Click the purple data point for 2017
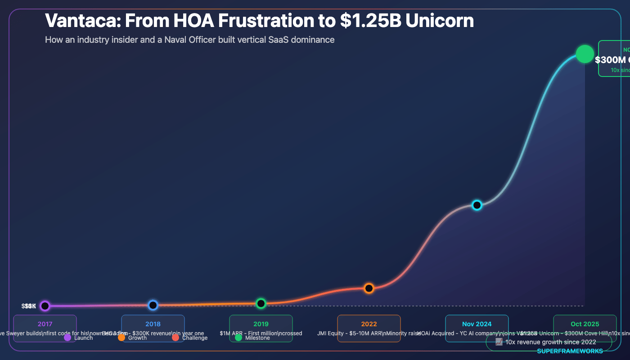coord(45,306)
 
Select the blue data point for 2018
coord(153,305)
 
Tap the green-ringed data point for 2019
coord(261,303)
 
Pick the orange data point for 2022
coord(369,288)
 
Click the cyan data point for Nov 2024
coord(477,205)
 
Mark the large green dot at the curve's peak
coord(585,54)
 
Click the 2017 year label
coord(45,324)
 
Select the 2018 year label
coord(153,324)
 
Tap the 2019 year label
coord(261,324)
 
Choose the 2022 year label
coord(369,324)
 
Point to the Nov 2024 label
coord(477,324)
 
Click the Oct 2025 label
coord(585,324)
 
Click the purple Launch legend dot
coord(67,337)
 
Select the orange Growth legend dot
coord(121,337)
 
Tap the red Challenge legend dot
coord(175,337)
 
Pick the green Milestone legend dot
coord(238,337)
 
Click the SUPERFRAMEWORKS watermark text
coord(570,351)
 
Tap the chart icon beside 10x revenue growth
coord(499,342)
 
